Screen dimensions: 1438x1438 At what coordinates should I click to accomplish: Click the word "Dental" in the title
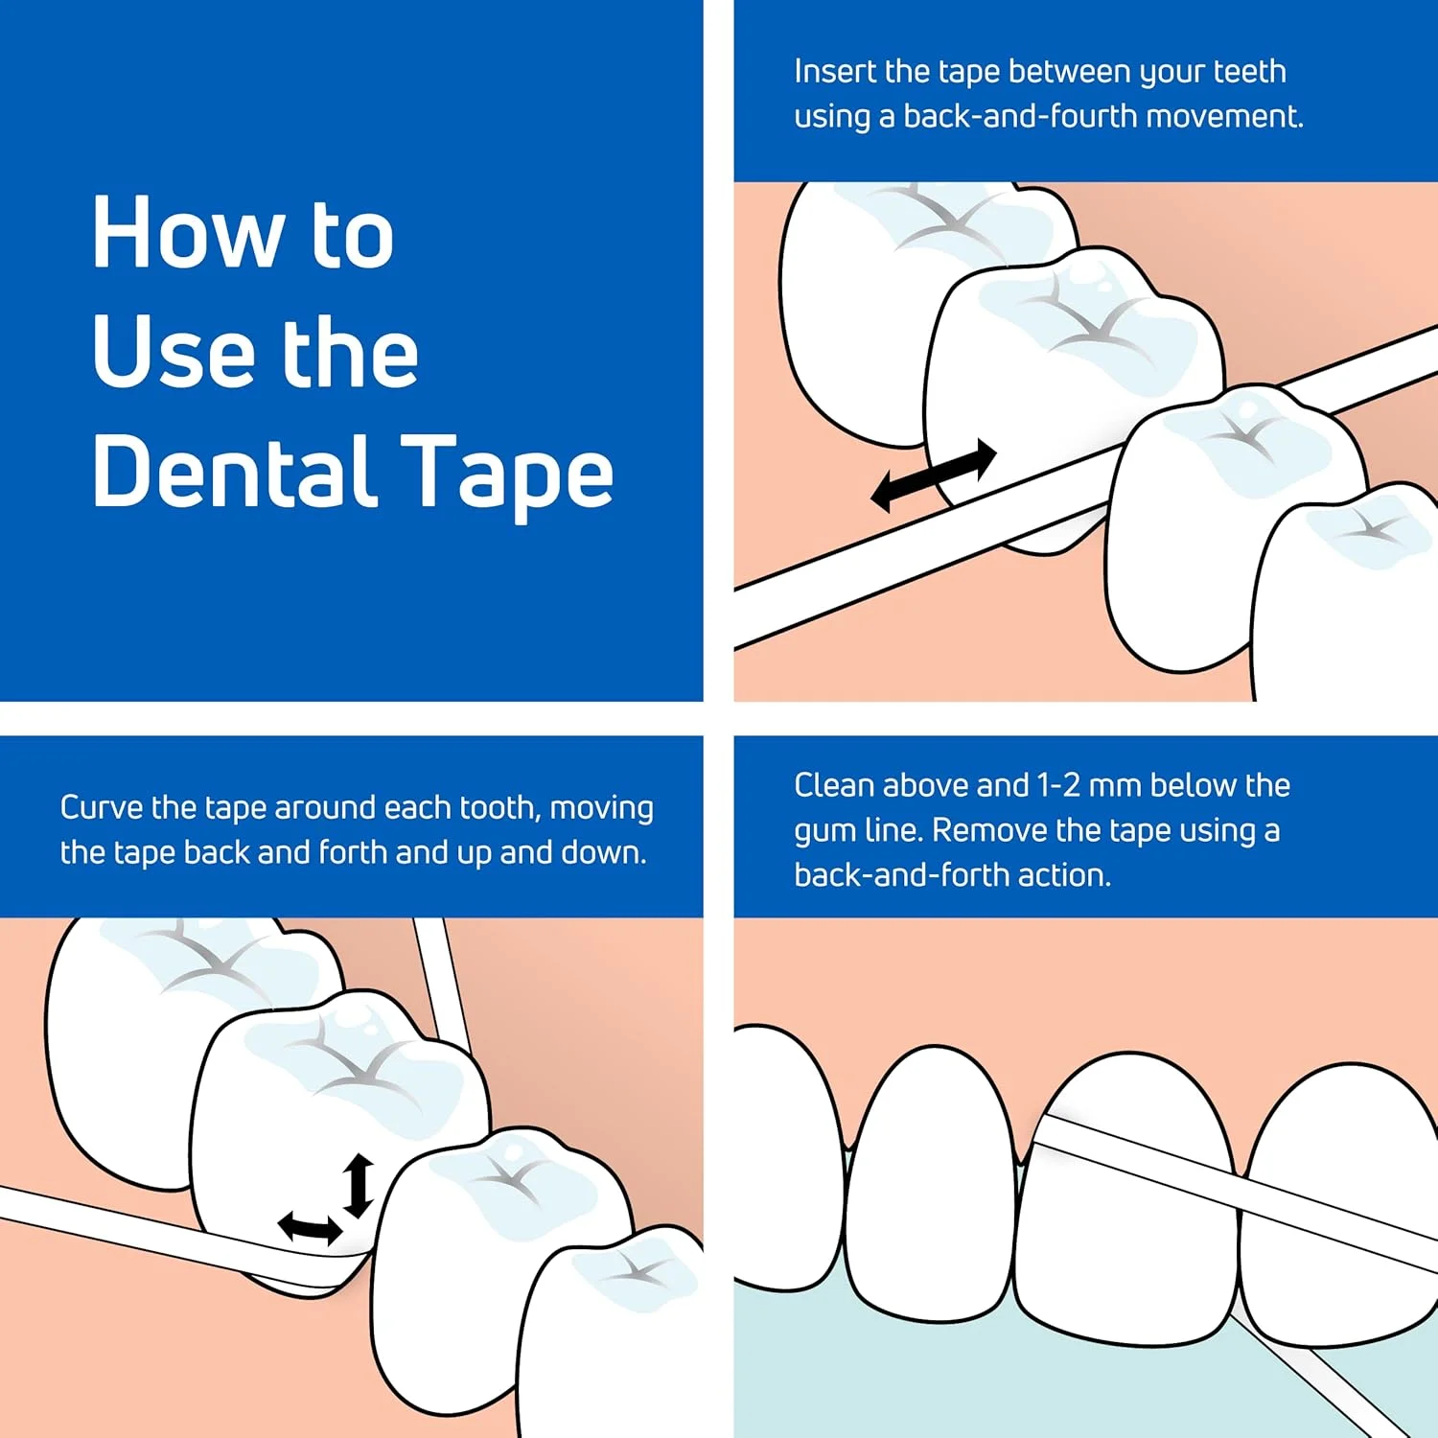tap(235, 471)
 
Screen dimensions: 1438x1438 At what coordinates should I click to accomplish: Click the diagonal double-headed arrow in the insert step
tap(934, 475)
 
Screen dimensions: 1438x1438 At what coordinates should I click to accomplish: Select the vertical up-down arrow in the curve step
tap(359, 1186)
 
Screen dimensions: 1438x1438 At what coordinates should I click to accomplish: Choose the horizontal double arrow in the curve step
tap(310, 1228)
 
